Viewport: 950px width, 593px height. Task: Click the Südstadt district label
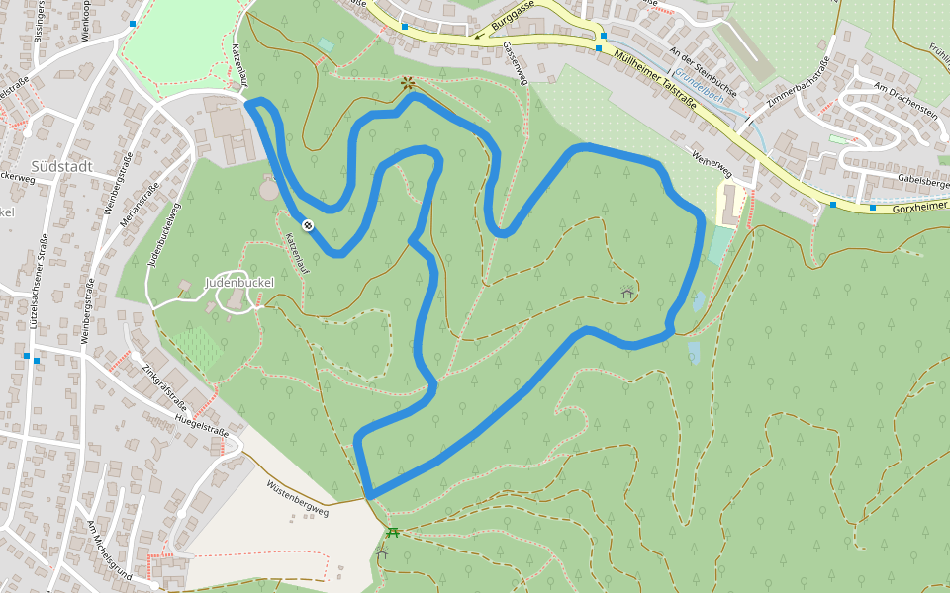(x=61, y=166)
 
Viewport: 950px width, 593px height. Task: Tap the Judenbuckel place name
(x=238, y=282)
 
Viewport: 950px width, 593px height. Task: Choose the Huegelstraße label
(x=201, y=419)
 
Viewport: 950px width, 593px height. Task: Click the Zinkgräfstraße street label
(x=164, y=388)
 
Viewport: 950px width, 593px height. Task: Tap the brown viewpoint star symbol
(x=408, y=85)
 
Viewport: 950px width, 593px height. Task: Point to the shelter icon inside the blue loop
(x=627, y=293)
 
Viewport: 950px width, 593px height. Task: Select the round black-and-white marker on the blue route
(x=309, y=225)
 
